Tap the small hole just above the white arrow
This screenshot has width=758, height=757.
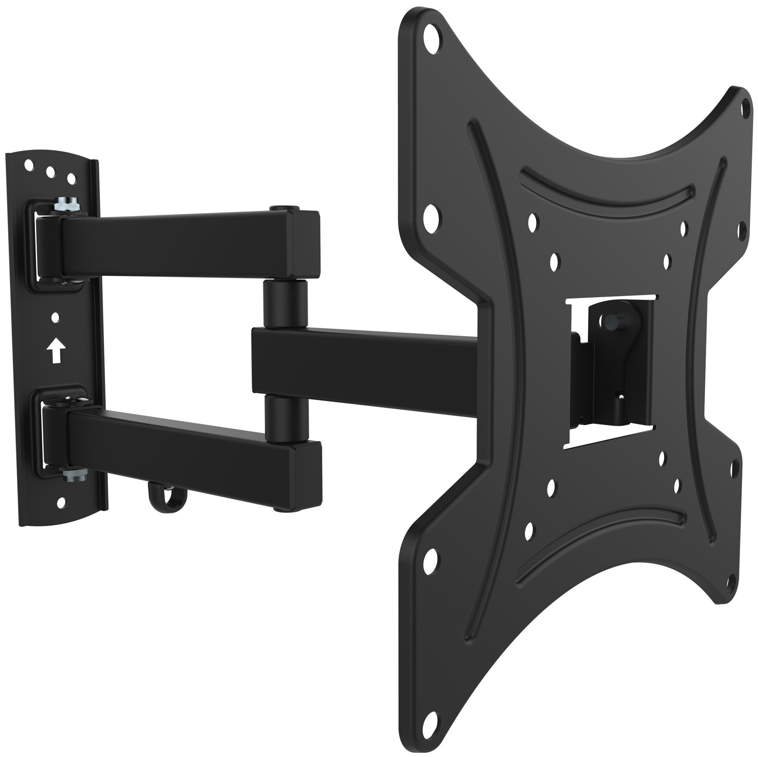pyautogui.click(x=55, y=316)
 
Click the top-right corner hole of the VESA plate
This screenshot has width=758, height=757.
pyautogui.click(x=743, y=105)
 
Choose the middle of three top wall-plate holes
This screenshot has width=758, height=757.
pyautogui.click(x=50, y=171)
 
